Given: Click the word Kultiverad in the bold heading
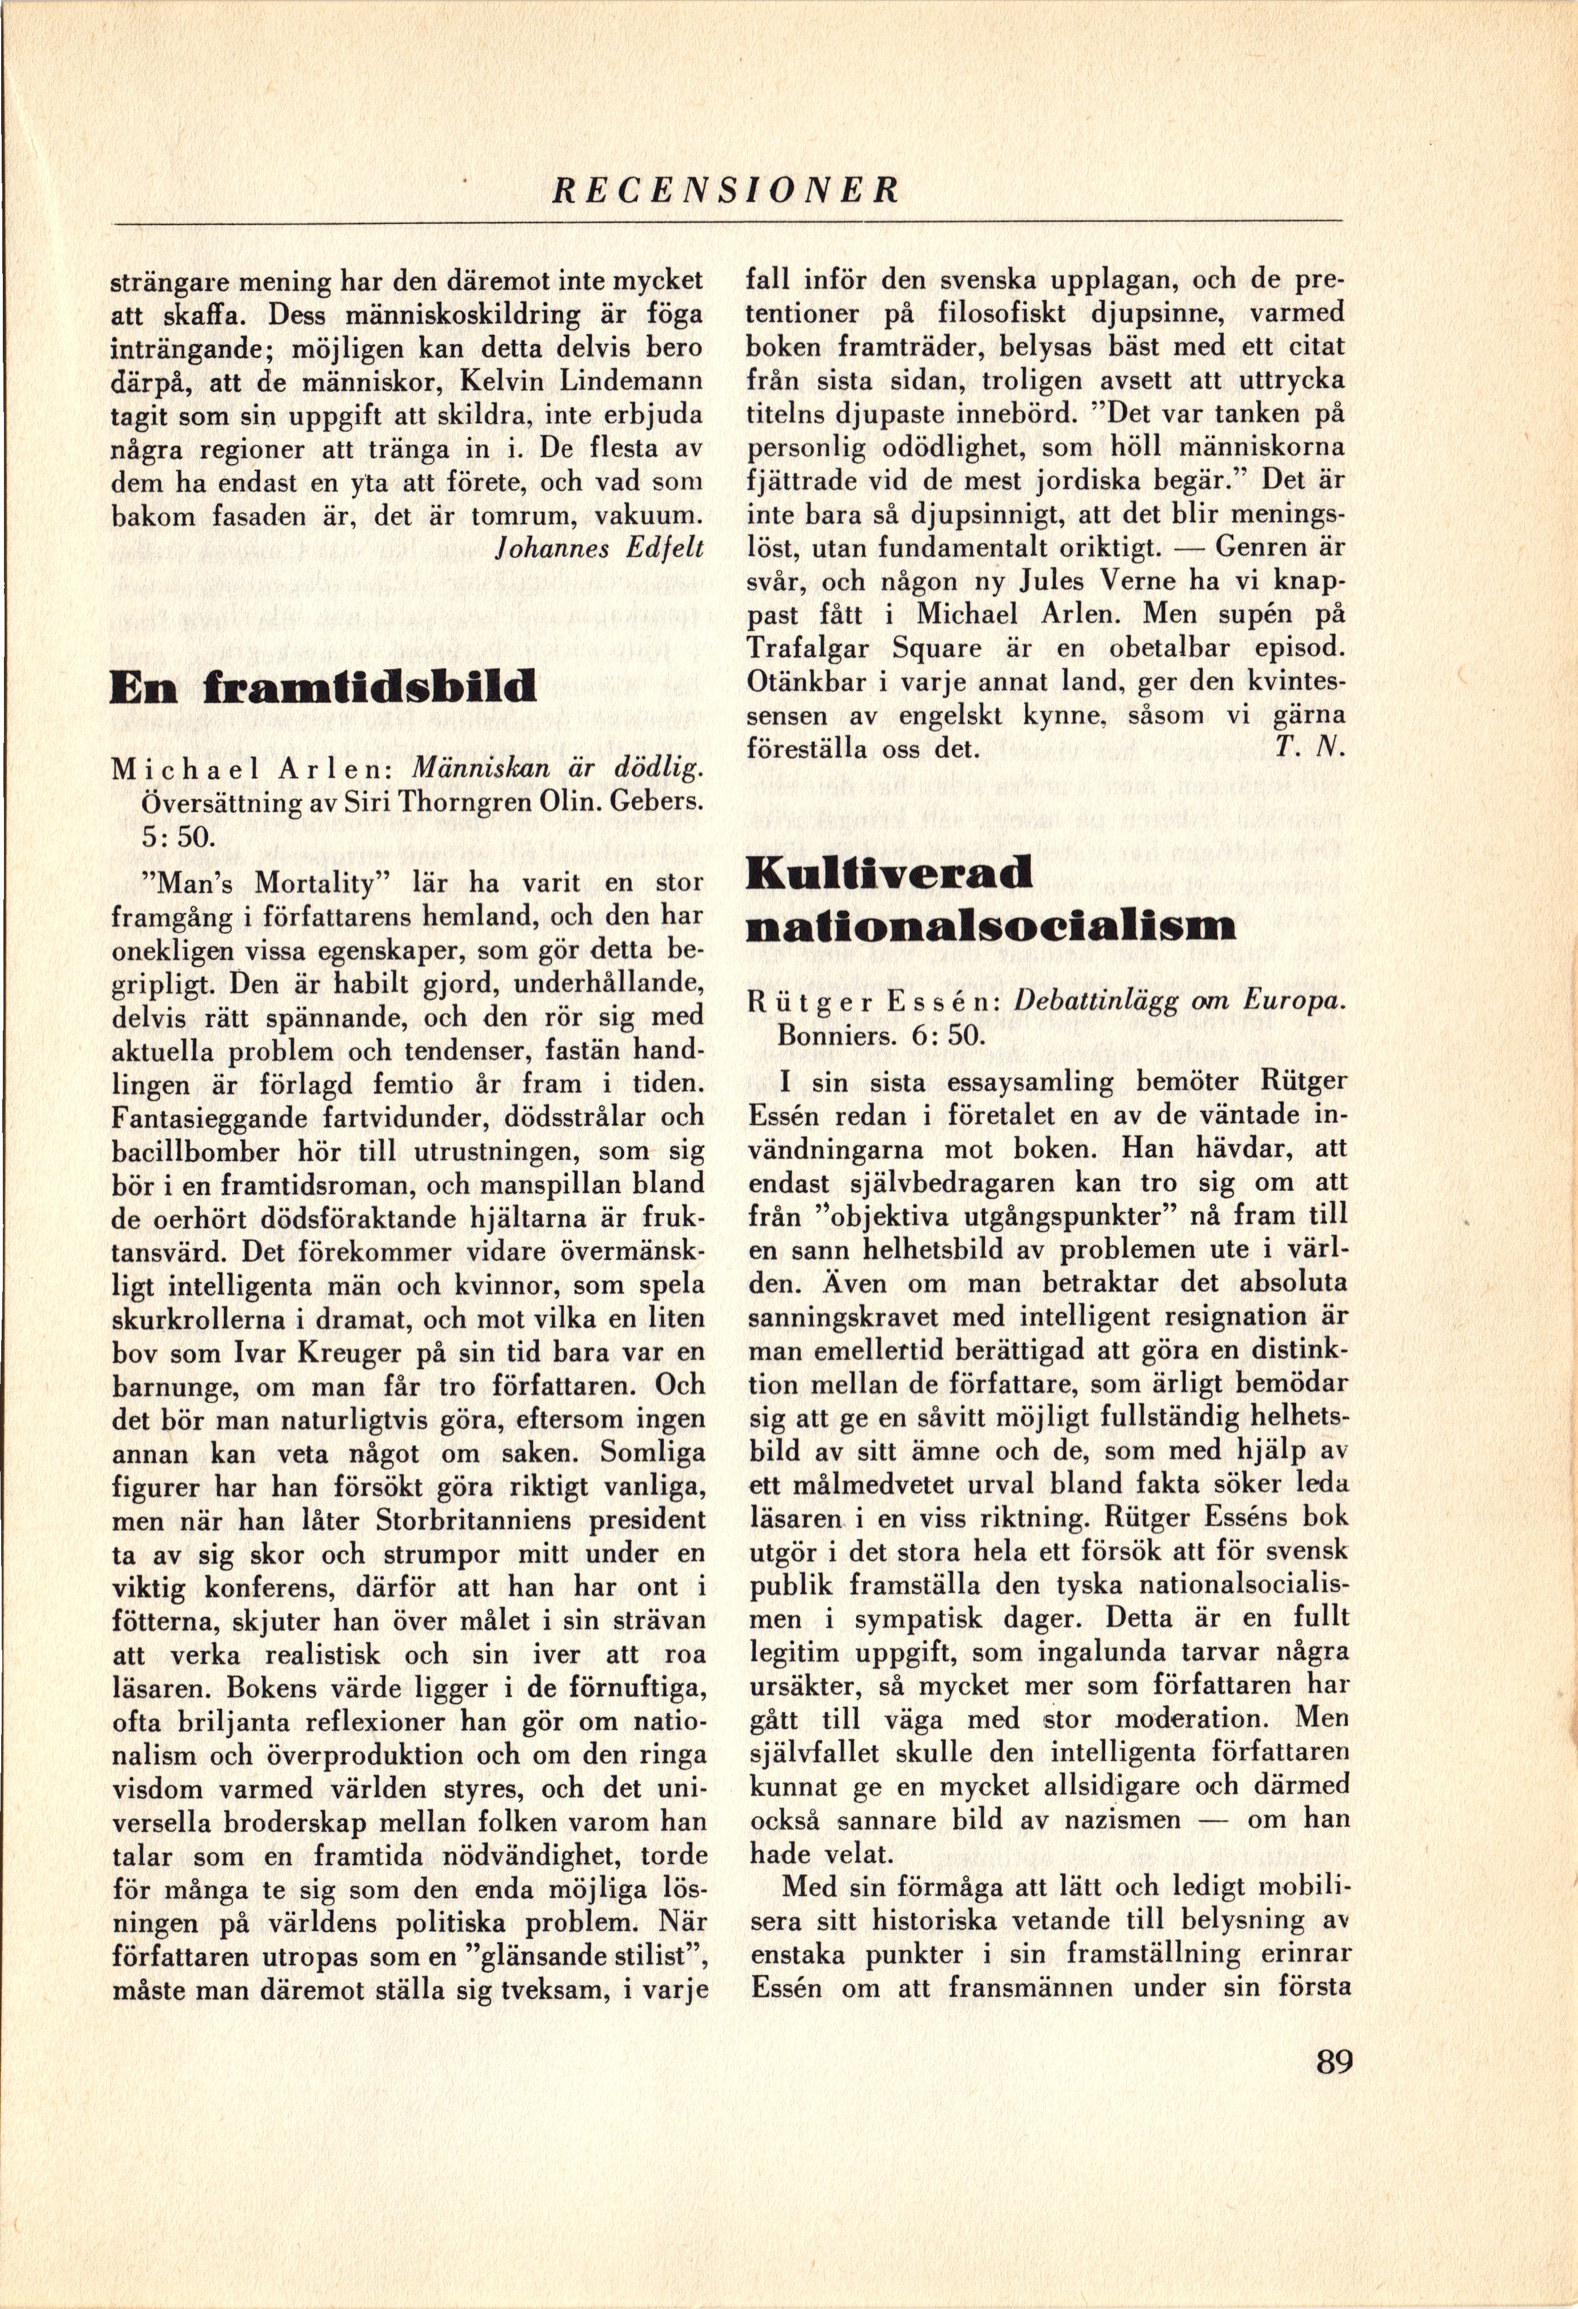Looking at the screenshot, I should tap(890, 873).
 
